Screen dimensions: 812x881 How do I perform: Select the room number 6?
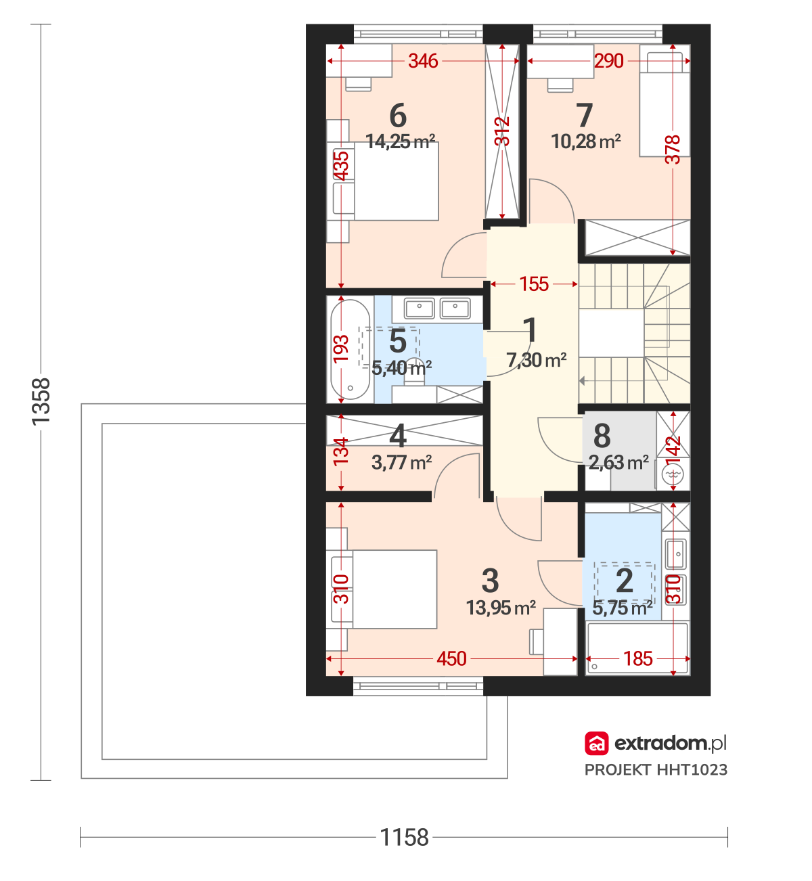[398, 116]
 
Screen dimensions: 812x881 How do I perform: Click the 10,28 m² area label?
[586, 141]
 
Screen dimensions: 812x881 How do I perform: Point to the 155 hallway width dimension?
[534, 284]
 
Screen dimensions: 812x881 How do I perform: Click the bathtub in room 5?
[351, 349]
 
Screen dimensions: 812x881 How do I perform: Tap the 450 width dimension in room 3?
[451, 659]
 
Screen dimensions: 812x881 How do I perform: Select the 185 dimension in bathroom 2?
[638, 659]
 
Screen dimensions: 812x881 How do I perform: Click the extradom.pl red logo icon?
[596, 744]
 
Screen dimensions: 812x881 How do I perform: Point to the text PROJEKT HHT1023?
[656, 770]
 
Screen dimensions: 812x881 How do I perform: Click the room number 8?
[602, 436]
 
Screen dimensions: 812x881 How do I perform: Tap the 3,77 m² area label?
[402, 462]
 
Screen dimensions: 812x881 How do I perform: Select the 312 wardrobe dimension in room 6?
[502, 131]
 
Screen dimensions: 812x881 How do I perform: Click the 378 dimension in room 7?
[673, 150]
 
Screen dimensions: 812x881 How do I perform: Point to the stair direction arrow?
[582, 381]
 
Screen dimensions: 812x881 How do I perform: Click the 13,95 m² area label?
[501, 608]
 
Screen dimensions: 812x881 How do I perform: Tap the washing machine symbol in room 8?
[673, 474]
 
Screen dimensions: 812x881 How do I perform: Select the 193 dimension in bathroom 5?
[341, 349]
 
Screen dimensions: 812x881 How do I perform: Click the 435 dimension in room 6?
[341, 166]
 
